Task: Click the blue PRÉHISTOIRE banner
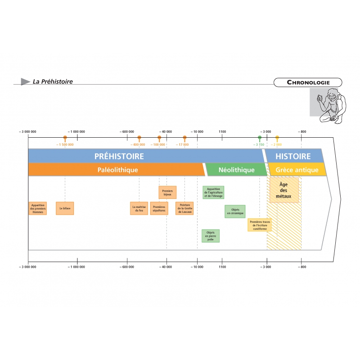[119, 157]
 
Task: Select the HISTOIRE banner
[293, 157]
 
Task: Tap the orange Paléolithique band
[117, 170]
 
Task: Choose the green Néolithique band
[236, 170]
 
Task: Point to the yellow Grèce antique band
[297, 170]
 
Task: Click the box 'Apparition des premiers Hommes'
[38, 208]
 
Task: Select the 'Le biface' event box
[65, 208]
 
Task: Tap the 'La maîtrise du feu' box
[139, 208]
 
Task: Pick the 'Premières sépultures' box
[159, 208]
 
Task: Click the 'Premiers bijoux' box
[167, 193]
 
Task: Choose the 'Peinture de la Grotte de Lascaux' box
[184, 208]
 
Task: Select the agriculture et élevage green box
[213, 193]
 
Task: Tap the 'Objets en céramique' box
[235, 211]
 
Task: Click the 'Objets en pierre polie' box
[211, 236]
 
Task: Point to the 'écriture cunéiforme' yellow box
[260, 225]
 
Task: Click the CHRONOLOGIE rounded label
[308, 82]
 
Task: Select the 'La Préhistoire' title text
[53, 82]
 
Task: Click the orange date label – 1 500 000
[65, 144]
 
